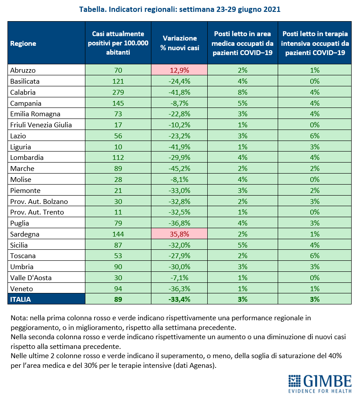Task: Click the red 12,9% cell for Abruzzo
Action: coord(180,70)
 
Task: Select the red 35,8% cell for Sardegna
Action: coord(180,234)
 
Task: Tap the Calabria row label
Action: coord(23,92)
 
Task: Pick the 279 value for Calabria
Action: coord(118,92)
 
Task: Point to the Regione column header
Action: coord(23,43)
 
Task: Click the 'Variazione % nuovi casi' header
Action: coord(180,43)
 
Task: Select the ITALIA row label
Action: coord(20,299)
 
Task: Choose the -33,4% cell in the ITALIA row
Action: coord(180,299)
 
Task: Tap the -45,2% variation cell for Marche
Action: coord(180,168)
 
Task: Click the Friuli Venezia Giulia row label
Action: coord(41,125)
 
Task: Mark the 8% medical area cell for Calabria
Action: coord(242,92)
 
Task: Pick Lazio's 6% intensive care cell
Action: coord(315,136)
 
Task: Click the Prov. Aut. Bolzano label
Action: coord(39,201)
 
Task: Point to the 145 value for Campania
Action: coord(118,103)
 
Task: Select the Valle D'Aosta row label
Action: coord(31,278)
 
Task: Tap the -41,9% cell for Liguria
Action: coord(180,147)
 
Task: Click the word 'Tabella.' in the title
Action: coord(93,9)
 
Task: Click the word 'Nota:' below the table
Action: coord(19,318)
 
